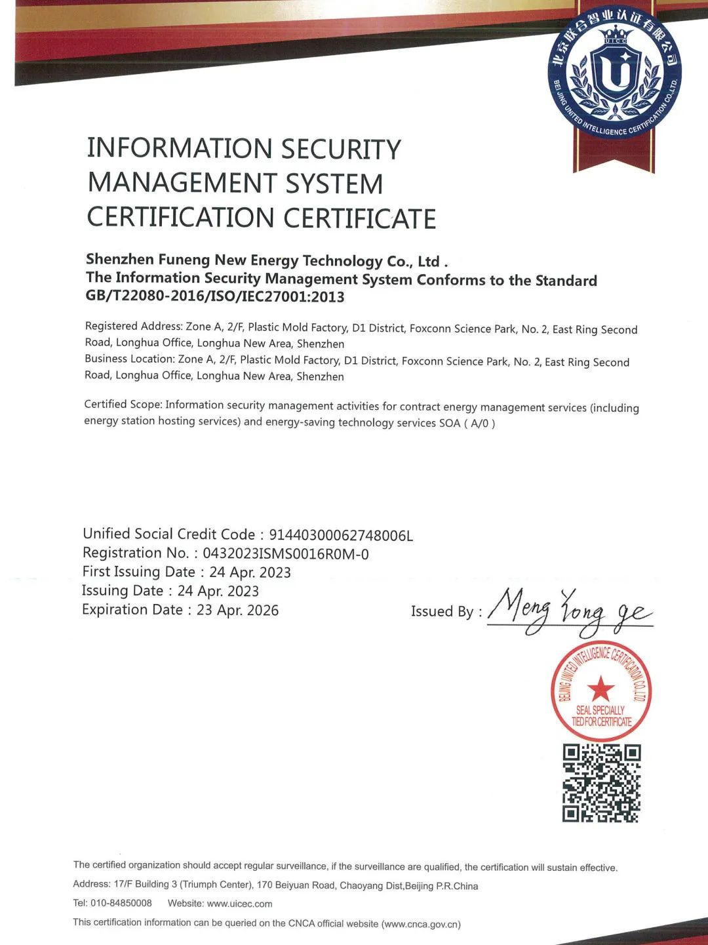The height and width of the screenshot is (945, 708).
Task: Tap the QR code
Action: [601, 783]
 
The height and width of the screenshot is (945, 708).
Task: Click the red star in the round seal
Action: [600, 689]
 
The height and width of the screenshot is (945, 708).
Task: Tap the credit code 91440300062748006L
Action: [341, 536]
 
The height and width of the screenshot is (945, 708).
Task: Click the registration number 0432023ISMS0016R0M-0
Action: [285, 554]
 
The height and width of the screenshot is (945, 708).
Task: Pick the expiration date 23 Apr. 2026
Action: [237, 611]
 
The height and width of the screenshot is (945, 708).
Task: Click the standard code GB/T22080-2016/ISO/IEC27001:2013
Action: [215, 296]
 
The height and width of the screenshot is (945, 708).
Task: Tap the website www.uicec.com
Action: [239, 904]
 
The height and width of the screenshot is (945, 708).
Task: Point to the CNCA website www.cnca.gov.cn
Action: [421, 924]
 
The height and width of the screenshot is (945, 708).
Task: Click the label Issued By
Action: [446, 612]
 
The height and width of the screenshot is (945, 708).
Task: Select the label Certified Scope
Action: [123, 405]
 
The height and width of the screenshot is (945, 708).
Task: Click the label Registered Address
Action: [133, 327]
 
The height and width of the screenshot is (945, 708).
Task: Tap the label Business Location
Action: [129, 359]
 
